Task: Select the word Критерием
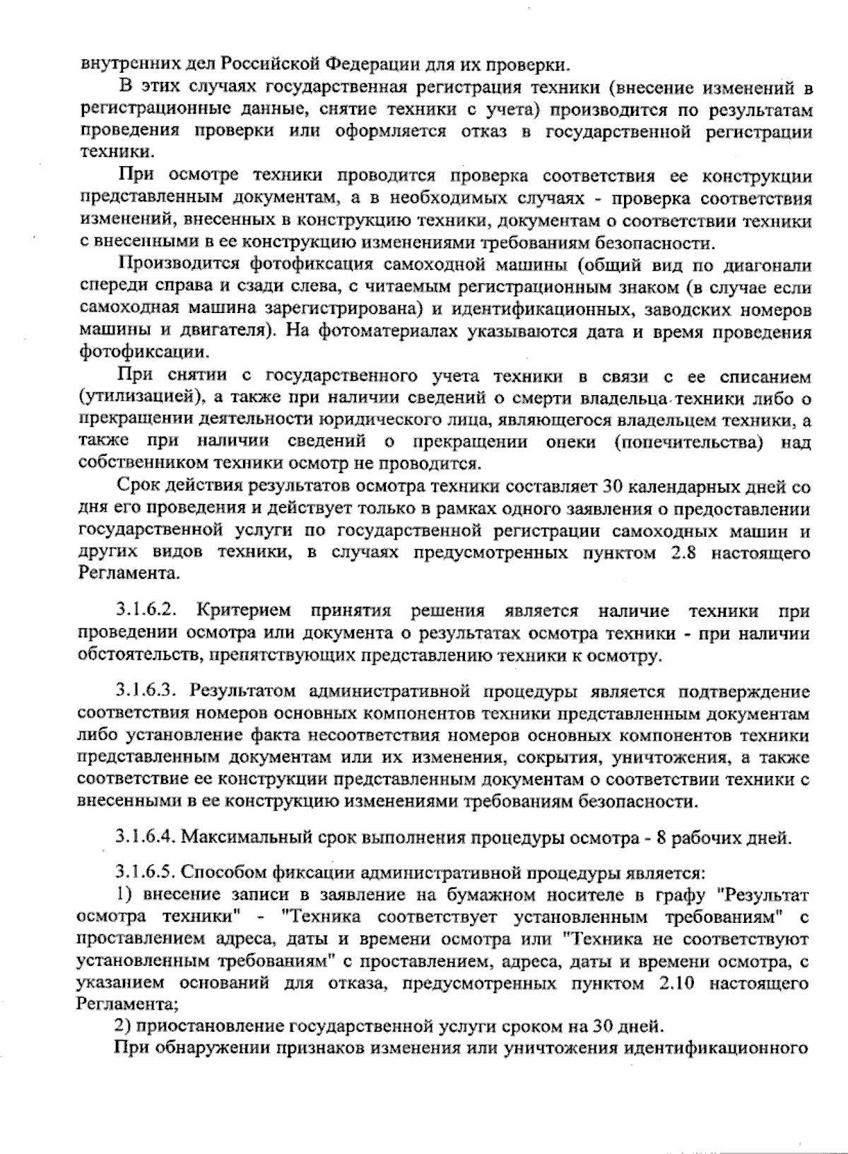coord(241,611)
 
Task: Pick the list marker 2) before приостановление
coord(124,1025)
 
